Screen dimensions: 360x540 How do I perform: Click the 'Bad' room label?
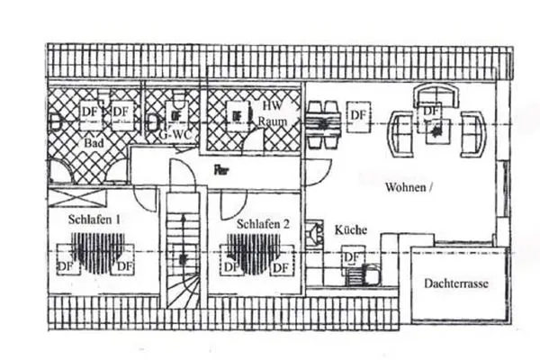tap(92, 142)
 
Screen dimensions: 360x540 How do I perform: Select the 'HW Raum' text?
tap(272, 112)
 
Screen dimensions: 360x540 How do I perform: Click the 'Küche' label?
tap(350, 230)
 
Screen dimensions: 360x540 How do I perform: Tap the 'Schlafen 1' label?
tap(94, 219)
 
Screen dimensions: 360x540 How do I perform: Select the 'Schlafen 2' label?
tap(264, 224)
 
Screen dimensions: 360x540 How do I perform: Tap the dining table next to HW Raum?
tap(322, 123)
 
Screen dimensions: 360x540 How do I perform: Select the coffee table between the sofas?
tap(436, 131)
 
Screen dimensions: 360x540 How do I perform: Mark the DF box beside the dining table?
tap(358, 115)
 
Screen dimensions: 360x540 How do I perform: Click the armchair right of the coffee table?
tap(472, 133)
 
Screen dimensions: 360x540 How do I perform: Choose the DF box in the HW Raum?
tap(236, 115)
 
